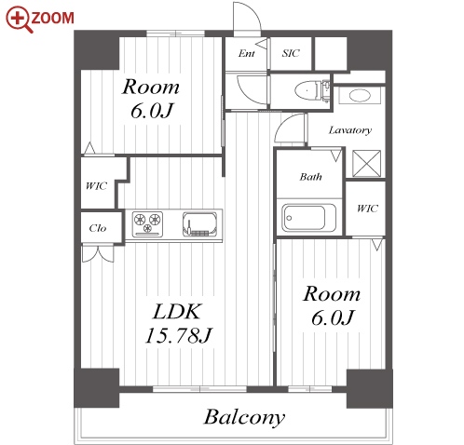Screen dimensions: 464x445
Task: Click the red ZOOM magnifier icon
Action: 18,20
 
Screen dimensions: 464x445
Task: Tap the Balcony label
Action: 244,417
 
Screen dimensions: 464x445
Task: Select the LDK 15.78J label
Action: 178,323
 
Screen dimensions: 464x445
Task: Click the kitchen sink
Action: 199,223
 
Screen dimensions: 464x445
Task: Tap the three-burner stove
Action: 147,223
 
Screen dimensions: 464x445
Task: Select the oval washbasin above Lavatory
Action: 360,95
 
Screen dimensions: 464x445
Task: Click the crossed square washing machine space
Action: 366,164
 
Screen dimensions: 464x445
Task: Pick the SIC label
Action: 291,53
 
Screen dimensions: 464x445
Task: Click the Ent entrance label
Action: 247,53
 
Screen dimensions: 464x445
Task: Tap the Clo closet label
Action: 98,228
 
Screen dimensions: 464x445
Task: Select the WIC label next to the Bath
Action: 367,209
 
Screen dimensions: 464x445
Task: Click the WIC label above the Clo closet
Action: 96,186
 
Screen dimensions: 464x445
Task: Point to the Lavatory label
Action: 350,130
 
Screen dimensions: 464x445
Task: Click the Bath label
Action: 310,177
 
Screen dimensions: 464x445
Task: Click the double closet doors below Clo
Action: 98,253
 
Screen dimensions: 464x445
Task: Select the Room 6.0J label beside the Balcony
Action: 332,306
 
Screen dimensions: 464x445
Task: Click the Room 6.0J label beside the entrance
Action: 151,99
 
